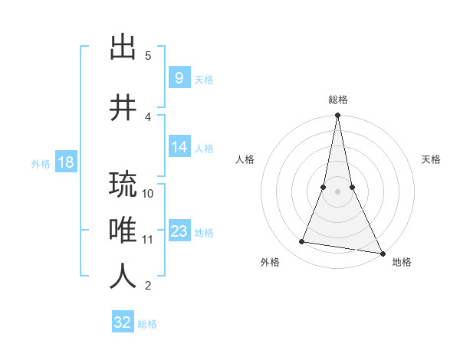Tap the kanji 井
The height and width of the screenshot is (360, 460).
click(x=123, y=108)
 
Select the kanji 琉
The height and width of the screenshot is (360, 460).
click(x=123, y=185)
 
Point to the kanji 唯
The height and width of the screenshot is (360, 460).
click(x=123, y=231)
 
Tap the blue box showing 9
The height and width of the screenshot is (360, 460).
click(x=179, y=78)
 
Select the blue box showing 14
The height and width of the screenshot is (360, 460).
click(x=179, y=148)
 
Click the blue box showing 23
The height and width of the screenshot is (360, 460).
click(x=179, y=232)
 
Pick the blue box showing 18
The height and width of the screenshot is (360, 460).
click(x=65, y=162)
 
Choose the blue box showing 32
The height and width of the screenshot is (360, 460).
click(x=123, y=322)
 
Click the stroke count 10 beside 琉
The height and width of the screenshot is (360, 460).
click(x=148, y=193)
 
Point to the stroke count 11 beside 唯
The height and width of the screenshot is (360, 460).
click(x=148, y=240)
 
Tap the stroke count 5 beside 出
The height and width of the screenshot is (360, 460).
click(x=148, y=55)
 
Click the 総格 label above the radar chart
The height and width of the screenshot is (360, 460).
click(x=337, y=100)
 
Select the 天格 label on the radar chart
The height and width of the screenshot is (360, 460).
click(x=431, y=159)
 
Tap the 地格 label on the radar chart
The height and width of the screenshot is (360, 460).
click(x=402, y=262)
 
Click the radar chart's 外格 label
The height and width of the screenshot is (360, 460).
click(x=270, y=262)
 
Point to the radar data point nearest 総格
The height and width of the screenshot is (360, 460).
click(x=337, y=116)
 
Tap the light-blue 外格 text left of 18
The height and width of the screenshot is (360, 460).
click(x=40, y=163)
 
